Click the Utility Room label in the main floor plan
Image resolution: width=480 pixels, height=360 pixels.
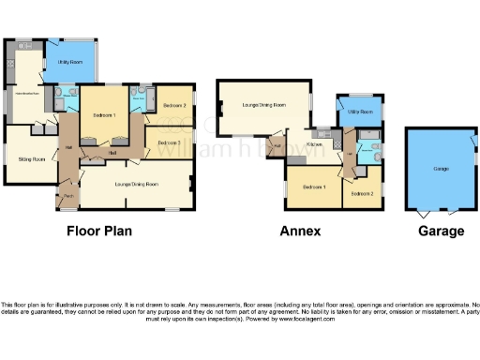[70, 62]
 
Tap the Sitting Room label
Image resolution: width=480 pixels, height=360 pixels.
[32, 159]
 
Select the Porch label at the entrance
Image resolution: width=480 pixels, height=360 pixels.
[68, 195]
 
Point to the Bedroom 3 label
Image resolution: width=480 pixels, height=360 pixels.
[169, 142]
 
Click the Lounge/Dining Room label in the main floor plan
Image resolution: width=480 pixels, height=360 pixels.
[136, 185]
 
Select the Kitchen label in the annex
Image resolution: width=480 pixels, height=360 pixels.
[314, 145]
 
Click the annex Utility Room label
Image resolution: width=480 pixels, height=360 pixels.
[361, 112]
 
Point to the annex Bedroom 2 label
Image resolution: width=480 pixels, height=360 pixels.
[363, 192]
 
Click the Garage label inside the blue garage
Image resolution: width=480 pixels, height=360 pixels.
[441, 169]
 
